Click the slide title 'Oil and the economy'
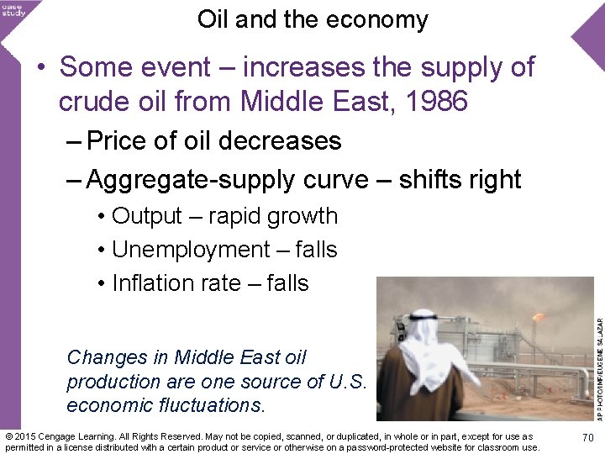tap(313, 19)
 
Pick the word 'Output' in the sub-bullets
tap(147, 216)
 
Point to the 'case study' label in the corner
tap(13, 10)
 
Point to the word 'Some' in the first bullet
tap(91, 66)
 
